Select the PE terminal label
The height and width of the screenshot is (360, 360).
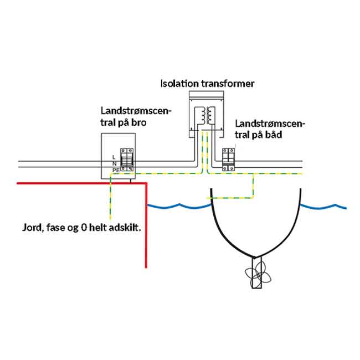pos(116,170)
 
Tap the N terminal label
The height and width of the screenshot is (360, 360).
pos(114,164)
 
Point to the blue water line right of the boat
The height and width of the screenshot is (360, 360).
pos(324,207)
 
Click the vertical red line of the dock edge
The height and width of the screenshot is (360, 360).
pos(146,227)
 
